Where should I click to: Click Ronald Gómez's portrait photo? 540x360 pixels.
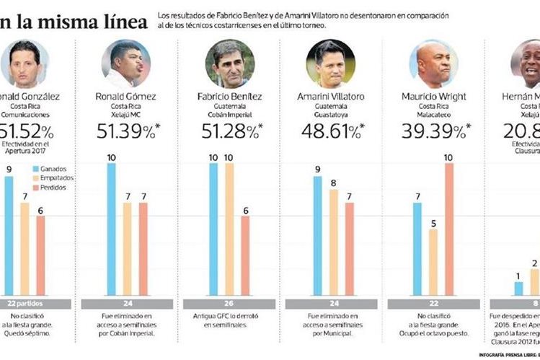click(126, 63)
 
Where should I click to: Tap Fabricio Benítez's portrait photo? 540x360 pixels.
click(230, 63)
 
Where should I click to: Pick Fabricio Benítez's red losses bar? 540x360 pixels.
click(246, 255)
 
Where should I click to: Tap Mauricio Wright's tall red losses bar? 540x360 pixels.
click(448, 229)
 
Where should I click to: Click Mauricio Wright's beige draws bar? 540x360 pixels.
click(433, 262)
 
